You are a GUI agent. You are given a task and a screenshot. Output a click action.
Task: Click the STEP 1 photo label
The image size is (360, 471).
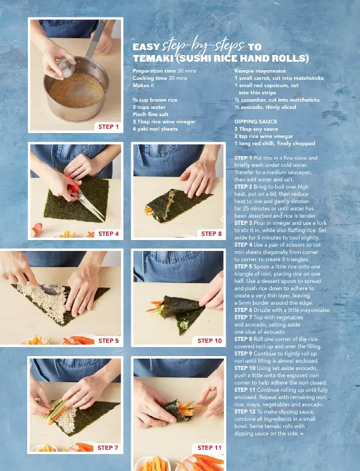pyautogui.click(x=108, y=127)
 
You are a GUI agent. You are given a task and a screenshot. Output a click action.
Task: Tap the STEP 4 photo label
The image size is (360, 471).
pyautogui.click(x=108, y=234)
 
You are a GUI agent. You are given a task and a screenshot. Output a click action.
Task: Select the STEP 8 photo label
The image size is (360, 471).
pyautogui.click(x=212, y=234)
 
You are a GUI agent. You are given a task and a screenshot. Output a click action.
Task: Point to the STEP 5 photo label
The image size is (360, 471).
pyautogui.click(x=108, y=340)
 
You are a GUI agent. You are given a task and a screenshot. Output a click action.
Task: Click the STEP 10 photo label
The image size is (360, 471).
pyautogui.click(x=209, y=340)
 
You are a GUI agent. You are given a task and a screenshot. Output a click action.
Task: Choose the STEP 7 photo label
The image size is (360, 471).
pyautogui.click(x=108, y=447)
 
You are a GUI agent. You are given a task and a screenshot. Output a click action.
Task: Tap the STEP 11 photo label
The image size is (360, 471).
pyautogui.click(x=209, y=447)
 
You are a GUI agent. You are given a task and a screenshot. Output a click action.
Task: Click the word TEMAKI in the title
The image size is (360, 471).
pyautogui.click(x=152, y=58)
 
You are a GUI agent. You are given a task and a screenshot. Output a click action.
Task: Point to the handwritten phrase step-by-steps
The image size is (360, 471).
pyautogui.click(x=203, y=45)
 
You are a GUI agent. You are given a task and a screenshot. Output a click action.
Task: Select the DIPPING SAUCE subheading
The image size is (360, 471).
pyautogui.click(x=256, y=122)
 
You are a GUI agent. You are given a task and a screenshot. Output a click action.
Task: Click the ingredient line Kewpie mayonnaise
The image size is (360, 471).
pyautogui.click(x=260, y=71)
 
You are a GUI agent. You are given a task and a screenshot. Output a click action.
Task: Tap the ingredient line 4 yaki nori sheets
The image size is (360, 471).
pyautogui.click(x=155, y=129)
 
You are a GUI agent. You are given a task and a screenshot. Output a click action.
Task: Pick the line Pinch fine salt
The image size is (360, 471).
pyautogui.click(x=151, y=114)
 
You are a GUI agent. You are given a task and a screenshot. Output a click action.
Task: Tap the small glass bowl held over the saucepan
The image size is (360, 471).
pyautogui.click(x=65, y=68)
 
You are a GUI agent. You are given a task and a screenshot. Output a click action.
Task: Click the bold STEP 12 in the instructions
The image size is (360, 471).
pyautogui.click(x=245, y=412)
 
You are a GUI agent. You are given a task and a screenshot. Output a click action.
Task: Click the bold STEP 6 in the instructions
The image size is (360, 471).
pyautogui.click(x=243, y=310)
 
